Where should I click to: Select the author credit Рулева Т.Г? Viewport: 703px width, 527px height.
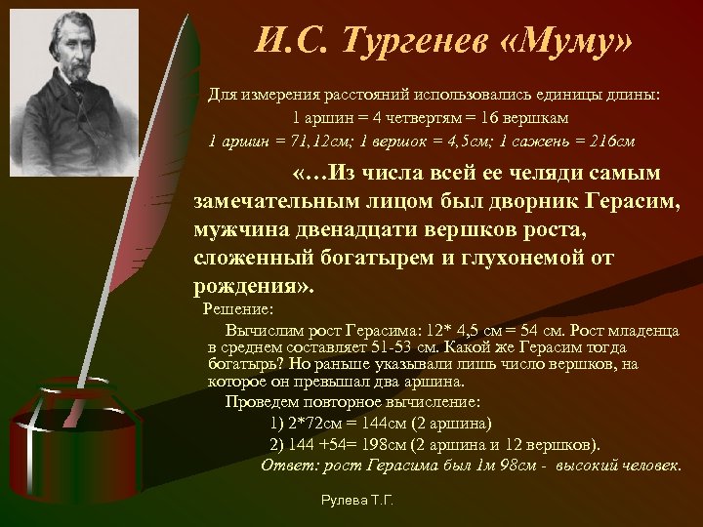tap(357, 501)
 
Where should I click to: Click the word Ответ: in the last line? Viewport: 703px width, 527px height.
tap(288, 465)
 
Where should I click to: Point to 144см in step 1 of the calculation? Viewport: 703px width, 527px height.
tap(388, 423)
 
